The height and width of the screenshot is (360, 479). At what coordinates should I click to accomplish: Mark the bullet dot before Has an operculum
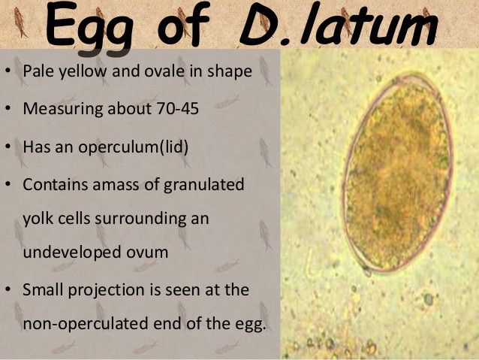tap(11, 146)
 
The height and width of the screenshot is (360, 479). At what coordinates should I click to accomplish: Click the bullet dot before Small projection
tap(11, 290)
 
